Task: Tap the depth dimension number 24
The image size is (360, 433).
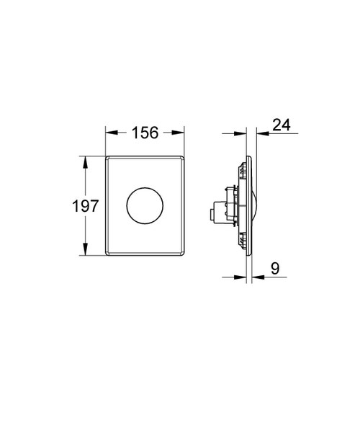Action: coord(282,125)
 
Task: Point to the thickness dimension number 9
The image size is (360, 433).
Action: coord(276,267)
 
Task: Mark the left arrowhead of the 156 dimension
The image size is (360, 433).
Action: coord(109,133)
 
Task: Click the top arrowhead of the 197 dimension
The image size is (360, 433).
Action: coord(86,160)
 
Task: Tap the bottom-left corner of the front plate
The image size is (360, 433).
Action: coord(107,256)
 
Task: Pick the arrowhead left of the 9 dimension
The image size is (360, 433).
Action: coord(246,276)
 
